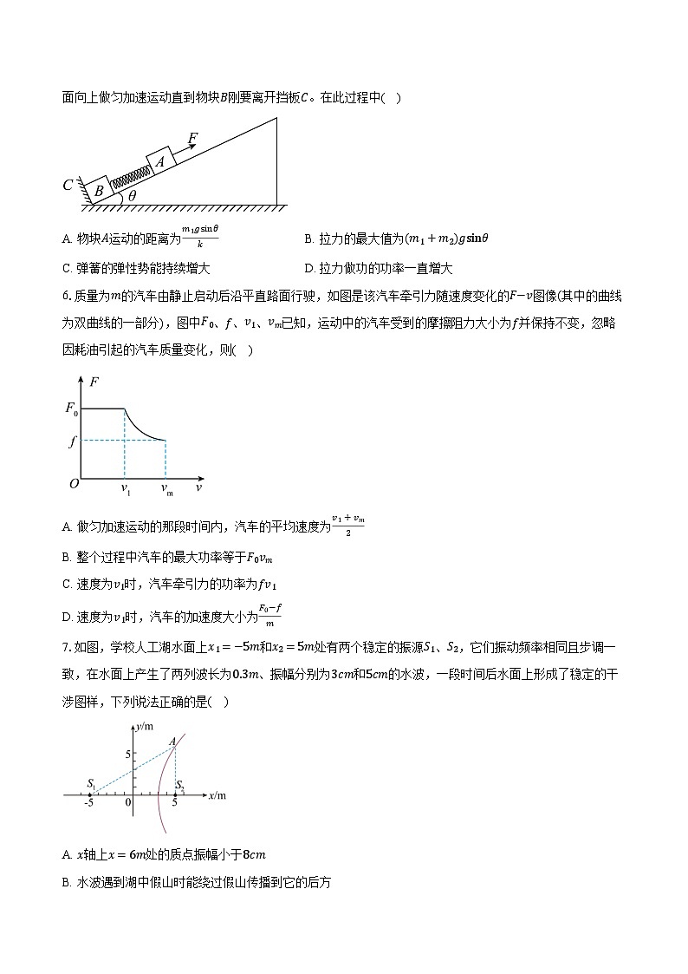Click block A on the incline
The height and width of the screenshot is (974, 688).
[161, 161]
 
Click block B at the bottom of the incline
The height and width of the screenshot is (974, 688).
[99, 189]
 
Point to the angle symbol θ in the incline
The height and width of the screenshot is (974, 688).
[132, 196]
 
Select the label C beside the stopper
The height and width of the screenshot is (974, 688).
[68, 185]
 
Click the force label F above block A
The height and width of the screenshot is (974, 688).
[192, 138]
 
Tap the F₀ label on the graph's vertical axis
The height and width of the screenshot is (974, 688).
[72, 409]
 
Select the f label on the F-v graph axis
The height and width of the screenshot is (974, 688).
[74, 441]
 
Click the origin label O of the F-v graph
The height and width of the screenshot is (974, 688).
[74, 484]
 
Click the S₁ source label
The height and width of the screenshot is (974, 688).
[91, 784]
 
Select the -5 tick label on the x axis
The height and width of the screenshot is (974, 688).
[88, 803]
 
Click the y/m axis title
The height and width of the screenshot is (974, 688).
[145, 725]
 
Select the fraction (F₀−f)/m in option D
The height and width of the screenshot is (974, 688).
[270, 616]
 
